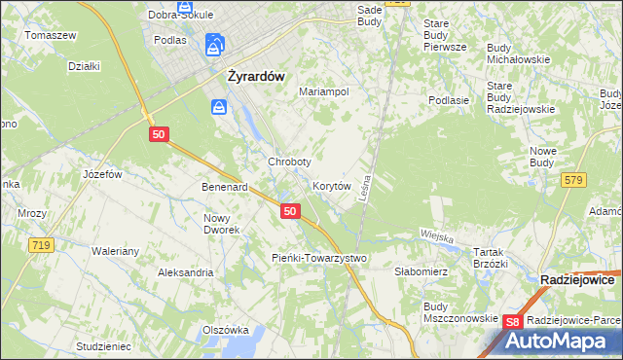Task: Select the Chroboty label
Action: [x=289, y=161]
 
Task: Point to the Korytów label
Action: [x=331, y=185]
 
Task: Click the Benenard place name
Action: [x=225, y=186]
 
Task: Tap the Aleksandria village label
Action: [x=185, y=272]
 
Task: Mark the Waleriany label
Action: [x=116, y=250]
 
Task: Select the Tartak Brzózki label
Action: [x=491, y=258]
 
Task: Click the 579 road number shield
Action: [x=573, y=179]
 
